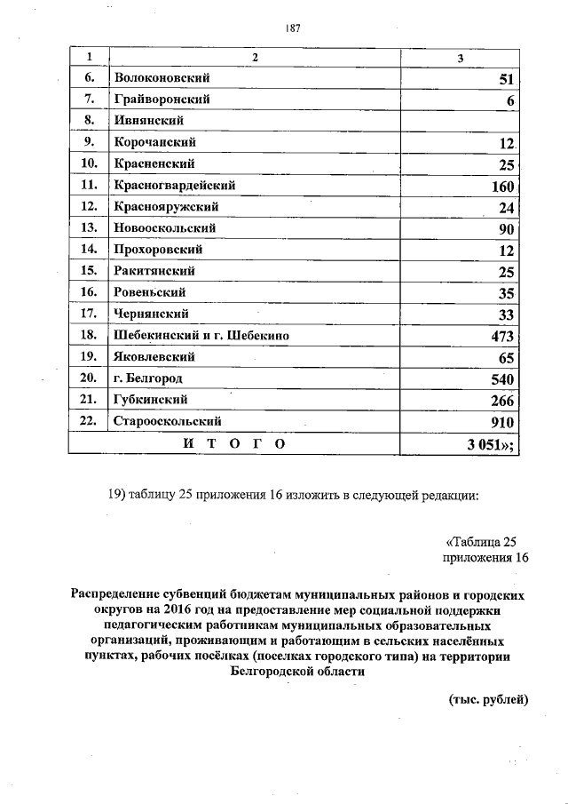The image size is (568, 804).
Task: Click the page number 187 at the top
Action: click(293, 28)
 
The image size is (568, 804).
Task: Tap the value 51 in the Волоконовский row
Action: click(507, 79)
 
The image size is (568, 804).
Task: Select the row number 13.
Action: click(88, 228)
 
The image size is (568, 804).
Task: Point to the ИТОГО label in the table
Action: click(233, 443)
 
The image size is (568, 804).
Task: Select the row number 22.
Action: click(88, 421)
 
